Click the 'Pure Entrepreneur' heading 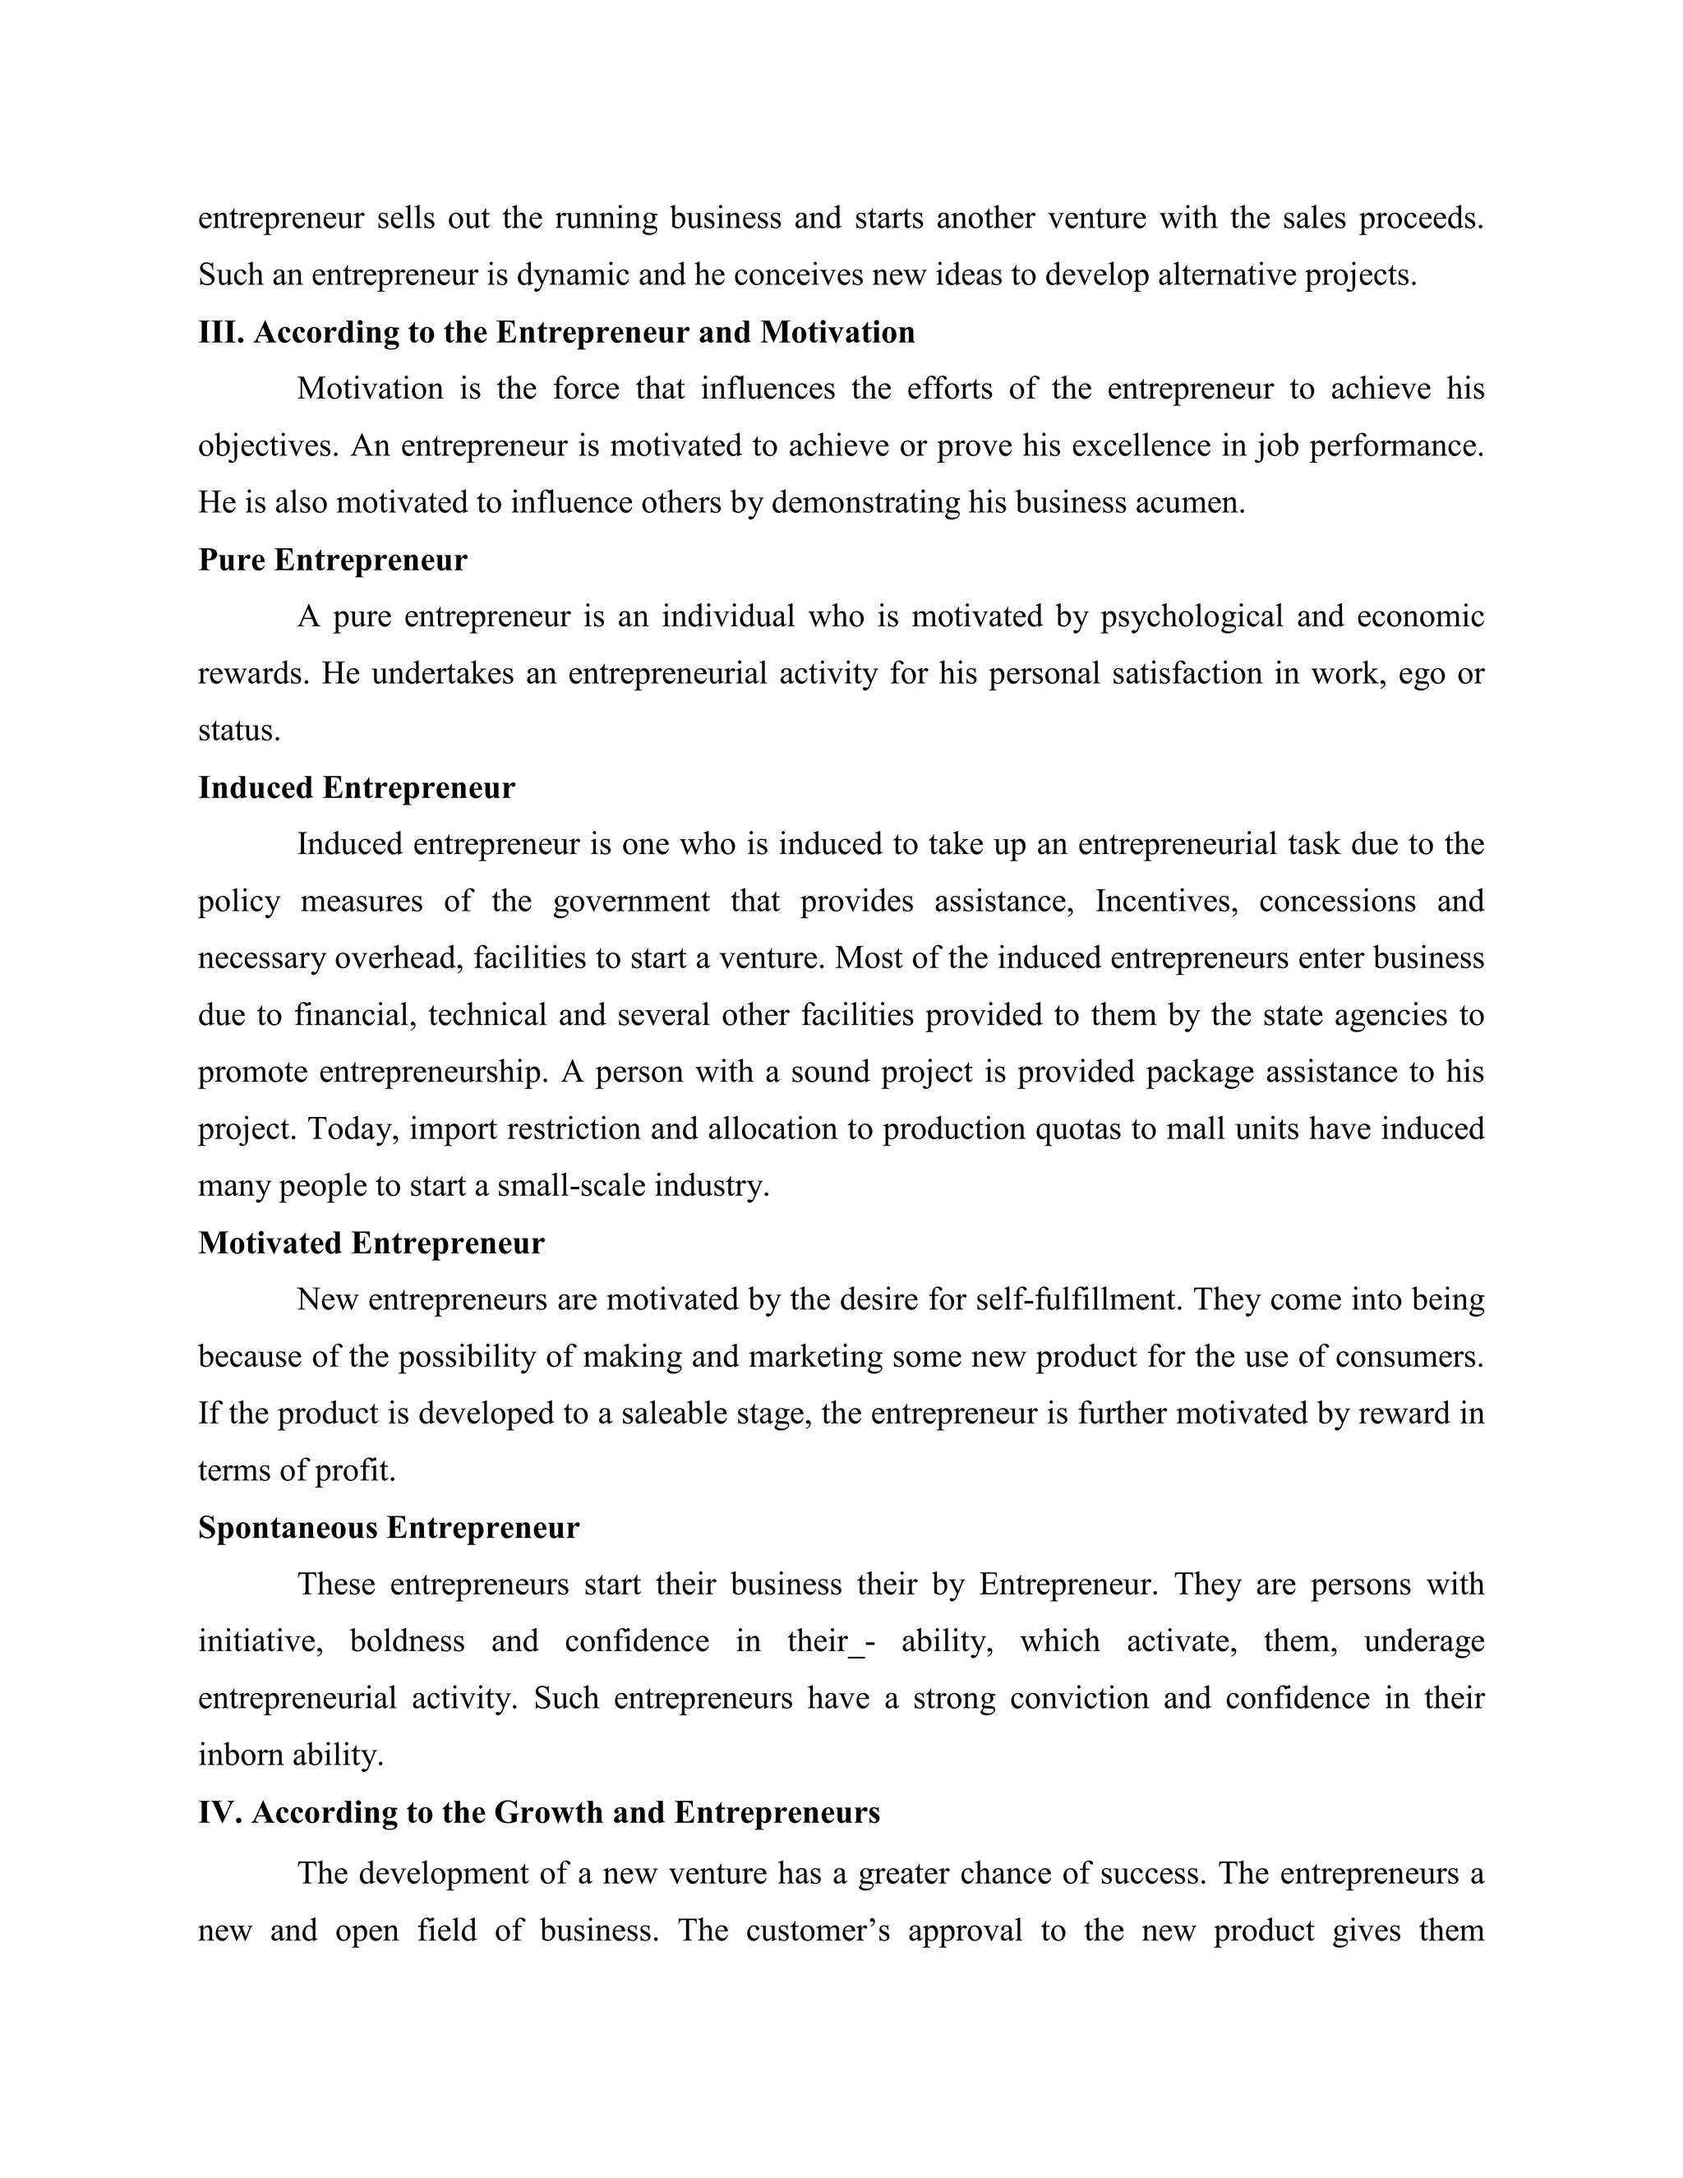click(x=332, y=561)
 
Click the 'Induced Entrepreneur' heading click(x=356, y=788)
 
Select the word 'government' click(x=630, y=902)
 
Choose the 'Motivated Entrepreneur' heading click(x=371, y=1244)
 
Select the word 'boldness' click(x=407, y=1641)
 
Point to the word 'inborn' click(x=239, y=1756)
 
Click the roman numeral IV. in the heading click(x=219, y=1812)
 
